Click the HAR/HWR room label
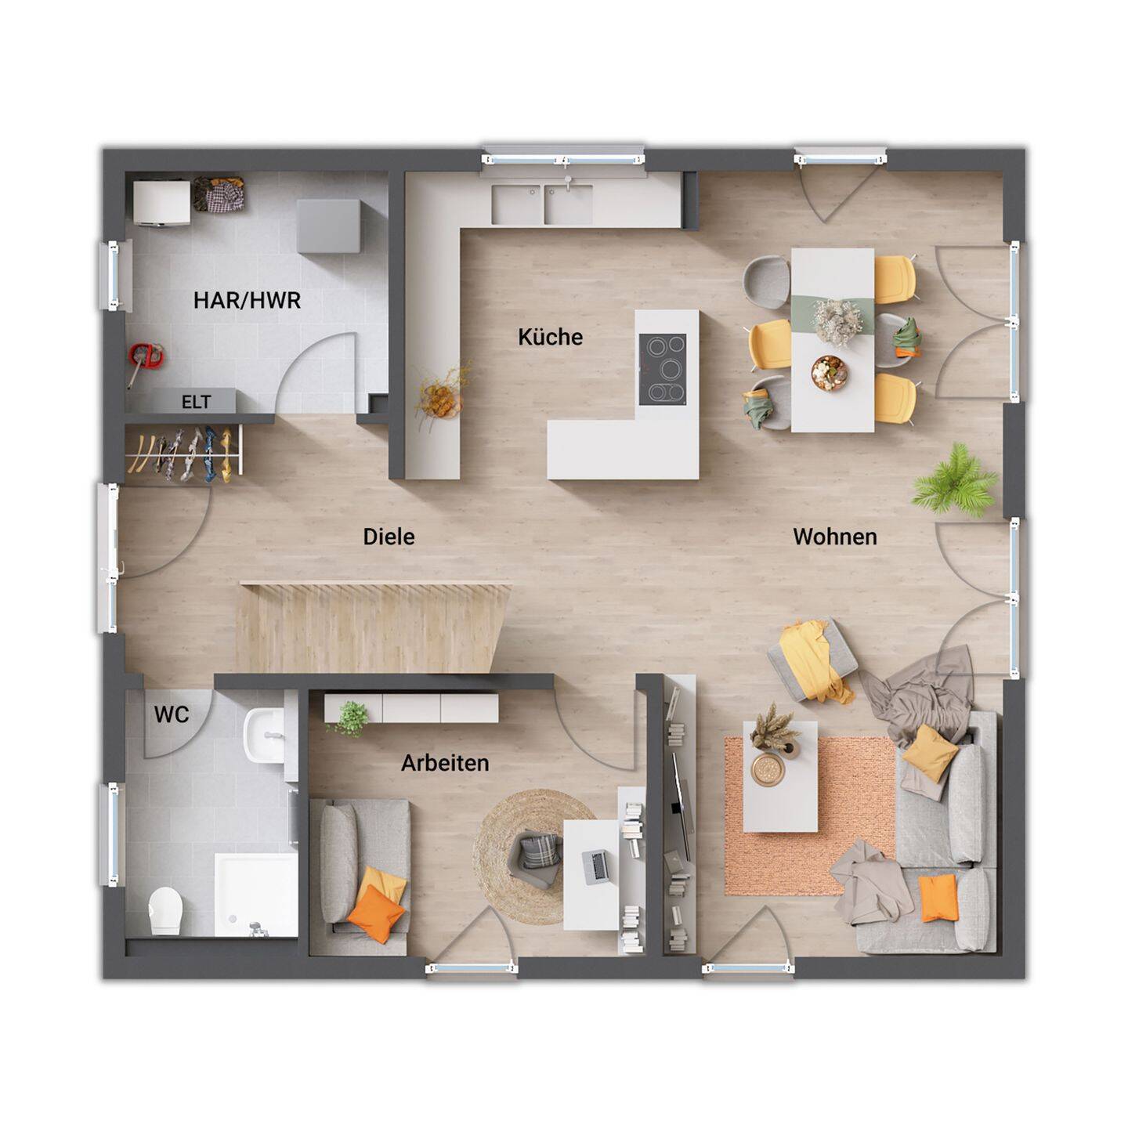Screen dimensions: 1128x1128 (247, 300)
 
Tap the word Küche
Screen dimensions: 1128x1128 (550, 337)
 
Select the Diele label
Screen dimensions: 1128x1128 (389, 537)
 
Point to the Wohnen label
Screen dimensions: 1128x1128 (835, 537)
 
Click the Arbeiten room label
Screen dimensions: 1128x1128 (445, 763)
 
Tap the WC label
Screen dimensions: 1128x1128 (172, 714)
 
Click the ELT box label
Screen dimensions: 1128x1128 (196, 402)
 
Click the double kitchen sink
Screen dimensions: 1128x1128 (542, 204)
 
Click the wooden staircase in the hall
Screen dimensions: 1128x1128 (374, 627)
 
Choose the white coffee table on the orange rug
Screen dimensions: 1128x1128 (780, 777)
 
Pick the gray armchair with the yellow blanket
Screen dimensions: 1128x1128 (812, 659)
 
